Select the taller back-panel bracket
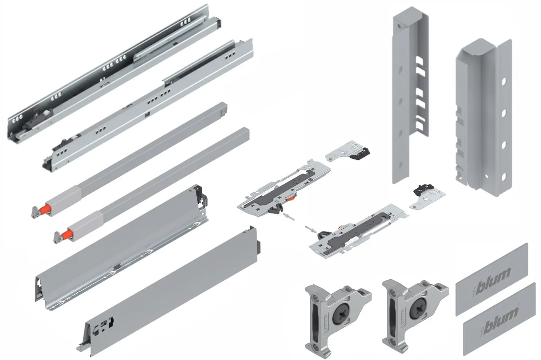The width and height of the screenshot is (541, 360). [x=410, y=95]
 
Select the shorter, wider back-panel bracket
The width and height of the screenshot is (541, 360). [x=484, y=117]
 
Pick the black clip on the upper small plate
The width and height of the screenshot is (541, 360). [x=360, y=152]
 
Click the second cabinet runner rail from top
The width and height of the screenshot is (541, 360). [x=148, y=105]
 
